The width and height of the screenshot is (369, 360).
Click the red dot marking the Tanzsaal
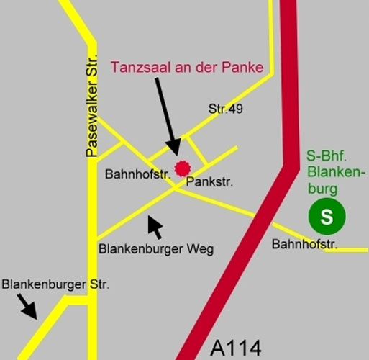pos(182,168)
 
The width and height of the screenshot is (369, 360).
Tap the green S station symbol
pos(327,217)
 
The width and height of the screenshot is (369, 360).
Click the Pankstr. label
pos(209,183)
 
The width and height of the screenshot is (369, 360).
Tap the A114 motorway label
pos(236,347)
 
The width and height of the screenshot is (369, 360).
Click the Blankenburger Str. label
pos(55,284)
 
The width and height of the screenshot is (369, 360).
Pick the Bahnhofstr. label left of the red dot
pos(137,174)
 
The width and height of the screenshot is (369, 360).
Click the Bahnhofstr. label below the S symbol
pos(305,245)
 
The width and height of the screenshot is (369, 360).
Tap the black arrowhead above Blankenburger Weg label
pos(154,227)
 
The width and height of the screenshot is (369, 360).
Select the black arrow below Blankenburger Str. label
pos(27,306)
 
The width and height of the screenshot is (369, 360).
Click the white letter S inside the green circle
pos(327,217)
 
